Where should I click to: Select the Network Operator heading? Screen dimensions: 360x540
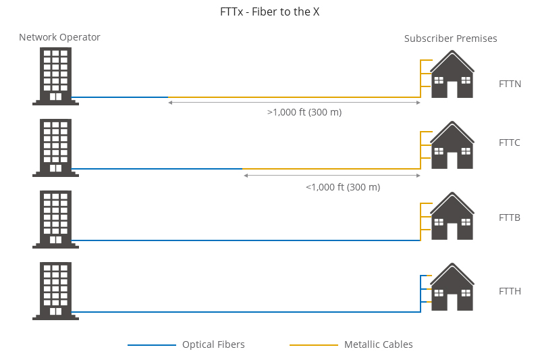point(59,37)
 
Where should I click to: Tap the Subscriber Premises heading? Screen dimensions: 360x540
point(450,38)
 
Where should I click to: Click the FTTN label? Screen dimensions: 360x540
point(510,84)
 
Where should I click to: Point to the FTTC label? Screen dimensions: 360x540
point(510,143)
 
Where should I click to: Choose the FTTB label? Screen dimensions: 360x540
point(510,217)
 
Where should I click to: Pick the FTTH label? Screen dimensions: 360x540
point(510,291)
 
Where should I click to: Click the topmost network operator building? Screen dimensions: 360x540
point(55,76)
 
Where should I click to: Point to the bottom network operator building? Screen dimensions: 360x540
point(55,290)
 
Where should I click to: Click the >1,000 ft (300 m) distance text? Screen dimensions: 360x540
point(304,112)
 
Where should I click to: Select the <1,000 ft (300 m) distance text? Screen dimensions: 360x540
point(343,186)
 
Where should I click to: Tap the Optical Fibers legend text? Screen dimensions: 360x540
point(213,344)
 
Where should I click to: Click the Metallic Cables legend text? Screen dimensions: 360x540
point(378,344)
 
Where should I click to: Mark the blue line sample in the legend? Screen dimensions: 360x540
point(152,345)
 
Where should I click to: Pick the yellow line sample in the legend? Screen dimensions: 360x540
point(314,345)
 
